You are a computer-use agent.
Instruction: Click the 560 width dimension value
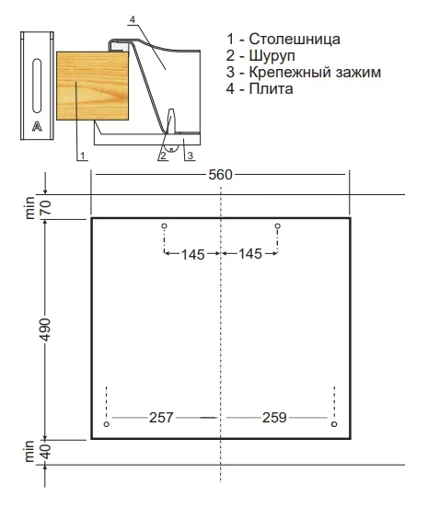[x=220, y=176]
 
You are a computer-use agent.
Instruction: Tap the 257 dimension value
[x=161, y=417]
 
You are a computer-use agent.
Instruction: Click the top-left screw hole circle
[x=164, y=225]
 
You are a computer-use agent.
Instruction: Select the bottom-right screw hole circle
[x=333, y=424]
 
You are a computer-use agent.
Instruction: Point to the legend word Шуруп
[x=273, y=55]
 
